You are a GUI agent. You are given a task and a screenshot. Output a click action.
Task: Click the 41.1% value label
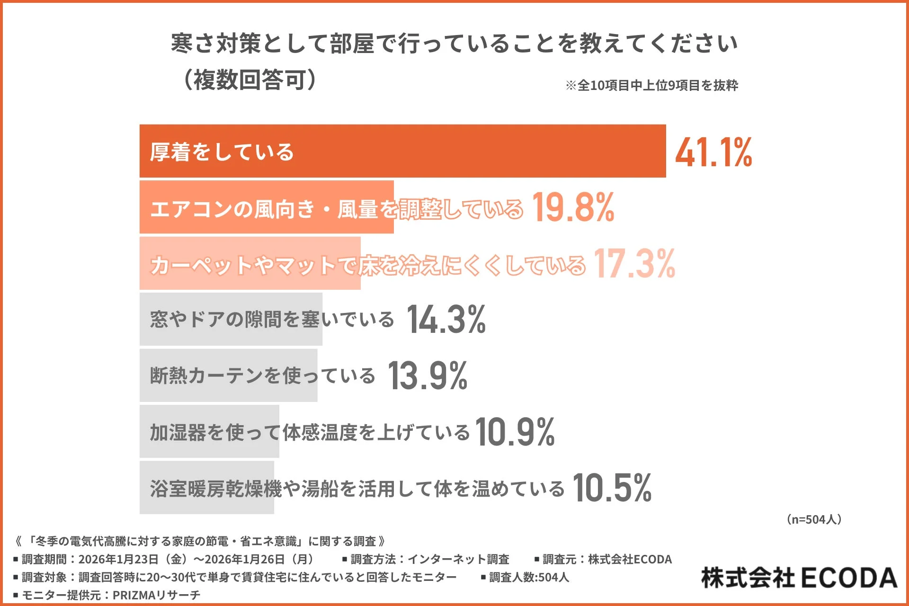713,152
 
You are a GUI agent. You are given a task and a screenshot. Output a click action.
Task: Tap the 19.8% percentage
573,207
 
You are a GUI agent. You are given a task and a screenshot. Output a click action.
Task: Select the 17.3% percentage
634,264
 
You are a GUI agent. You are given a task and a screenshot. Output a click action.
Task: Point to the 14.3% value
446,320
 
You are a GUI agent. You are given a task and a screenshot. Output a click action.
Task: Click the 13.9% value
428,376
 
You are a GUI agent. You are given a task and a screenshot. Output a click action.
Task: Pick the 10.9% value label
515,432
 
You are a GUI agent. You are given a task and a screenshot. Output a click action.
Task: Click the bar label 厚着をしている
222,152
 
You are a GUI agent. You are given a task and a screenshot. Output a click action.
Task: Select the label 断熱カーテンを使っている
262,376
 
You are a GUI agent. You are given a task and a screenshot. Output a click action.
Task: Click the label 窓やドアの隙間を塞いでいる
272,320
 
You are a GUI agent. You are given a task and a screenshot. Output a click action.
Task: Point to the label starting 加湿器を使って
310,432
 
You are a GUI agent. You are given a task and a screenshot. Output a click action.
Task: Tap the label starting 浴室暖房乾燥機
357,489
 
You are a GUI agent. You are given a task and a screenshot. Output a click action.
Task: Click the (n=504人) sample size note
814,519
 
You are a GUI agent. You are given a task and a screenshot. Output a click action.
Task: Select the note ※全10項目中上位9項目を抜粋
651,86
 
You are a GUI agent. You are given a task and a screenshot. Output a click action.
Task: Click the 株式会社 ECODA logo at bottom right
799,578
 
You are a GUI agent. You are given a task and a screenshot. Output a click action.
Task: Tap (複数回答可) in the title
250,80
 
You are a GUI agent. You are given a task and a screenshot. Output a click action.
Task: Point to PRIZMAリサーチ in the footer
156,595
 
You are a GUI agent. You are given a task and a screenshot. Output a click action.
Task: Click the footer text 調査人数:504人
528,577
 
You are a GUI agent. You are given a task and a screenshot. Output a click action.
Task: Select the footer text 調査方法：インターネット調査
429,559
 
